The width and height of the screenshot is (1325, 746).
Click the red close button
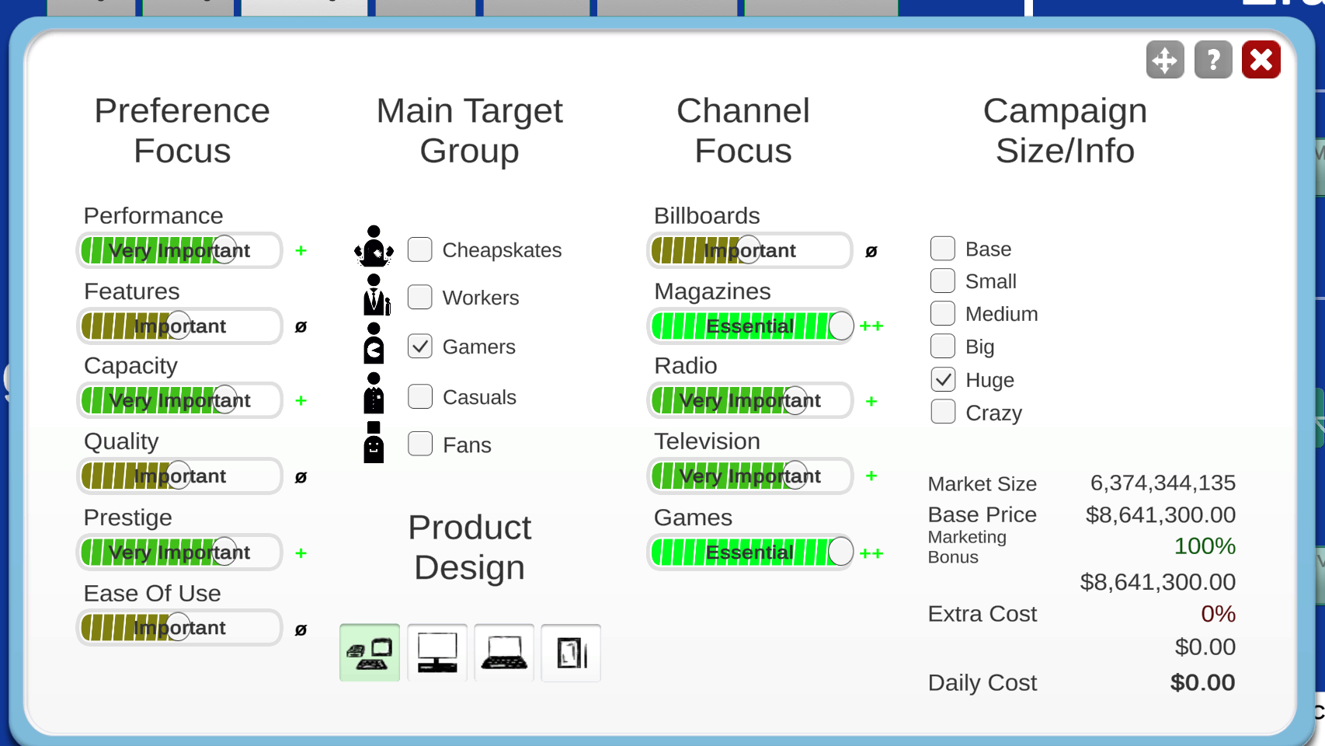[x=1261, y=60]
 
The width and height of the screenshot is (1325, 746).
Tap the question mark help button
[x=1213, y=60]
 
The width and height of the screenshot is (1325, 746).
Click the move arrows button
[x=1165, y=60]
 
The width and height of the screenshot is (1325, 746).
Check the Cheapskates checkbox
[x=420, y=249]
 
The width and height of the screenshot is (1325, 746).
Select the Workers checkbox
[x=420, y=297]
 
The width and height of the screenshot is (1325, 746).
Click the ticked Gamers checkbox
[x=420, y=347]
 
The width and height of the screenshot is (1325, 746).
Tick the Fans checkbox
[x=420, y=444]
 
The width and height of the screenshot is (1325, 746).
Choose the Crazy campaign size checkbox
[x=943, y=412]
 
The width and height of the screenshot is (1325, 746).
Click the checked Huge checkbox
[x=943, y=379]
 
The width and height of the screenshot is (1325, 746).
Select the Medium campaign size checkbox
[x=943, y=313]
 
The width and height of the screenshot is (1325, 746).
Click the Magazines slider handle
[x=840, y=326]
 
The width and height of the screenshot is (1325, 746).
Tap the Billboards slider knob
[x=749, y=250]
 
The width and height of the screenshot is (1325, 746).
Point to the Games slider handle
[x=840, y=552]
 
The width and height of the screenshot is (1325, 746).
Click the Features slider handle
[x=179, y=326]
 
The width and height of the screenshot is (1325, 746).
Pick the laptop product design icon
[x=504, y=653]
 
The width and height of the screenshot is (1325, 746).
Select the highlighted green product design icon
[x=370, y=653]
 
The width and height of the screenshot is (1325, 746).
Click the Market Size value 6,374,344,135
[x=1163, y=483]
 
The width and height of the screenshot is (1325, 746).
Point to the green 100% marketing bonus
[x=1205, y=546]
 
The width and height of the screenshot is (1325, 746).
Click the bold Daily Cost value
[x=1202, y=682]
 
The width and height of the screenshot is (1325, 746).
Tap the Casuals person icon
[x=374, y=392]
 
